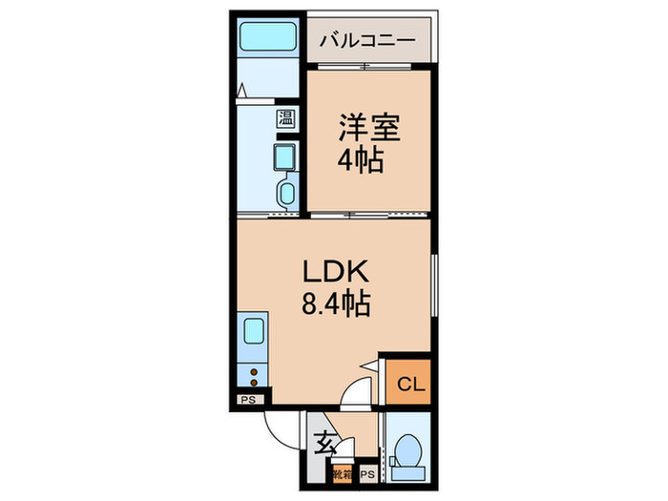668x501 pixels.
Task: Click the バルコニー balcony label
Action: click(366, 40)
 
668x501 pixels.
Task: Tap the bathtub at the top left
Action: click(266, 39)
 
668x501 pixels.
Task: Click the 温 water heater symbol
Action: click(284, 119)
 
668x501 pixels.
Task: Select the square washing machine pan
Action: click(284, 157)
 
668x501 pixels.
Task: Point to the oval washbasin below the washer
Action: click(284, 194)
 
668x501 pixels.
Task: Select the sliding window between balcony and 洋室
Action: click(366, 66)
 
